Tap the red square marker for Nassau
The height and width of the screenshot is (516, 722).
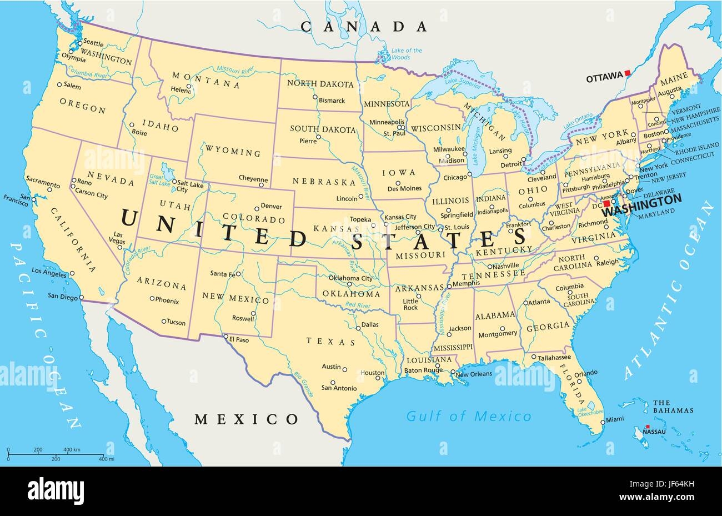[x=646, y=425]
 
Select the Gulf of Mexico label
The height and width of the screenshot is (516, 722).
[x=469, y=416]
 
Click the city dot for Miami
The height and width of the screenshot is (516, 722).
[x=601, y=422]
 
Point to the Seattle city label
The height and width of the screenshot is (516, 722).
[x=93, y=43]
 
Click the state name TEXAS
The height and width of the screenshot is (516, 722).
[x=331, y=342]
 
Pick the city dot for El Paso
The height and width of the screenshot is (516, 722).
[x=225, y=337]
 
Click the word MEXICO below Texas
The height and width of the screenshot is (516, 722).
[x=247, y=419]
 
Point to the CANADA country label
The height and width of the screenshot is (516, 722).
[x=364, y=26]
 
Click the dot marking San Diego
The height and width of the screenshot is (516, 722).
[x=82, y=298]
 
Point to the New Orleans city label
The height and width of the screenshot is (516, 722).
[x=474, y=374]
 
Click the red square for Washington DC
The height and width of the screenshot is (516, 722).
[x=607, y=204]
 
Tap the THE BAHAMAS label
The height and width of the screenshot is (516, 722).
[x=673, y=406]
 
